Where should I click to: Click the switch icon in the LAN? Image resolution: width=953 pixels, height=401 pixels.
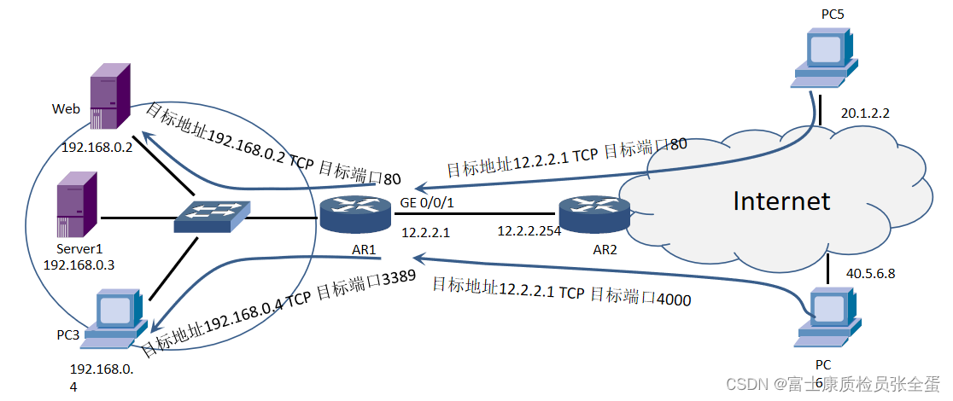point(213,218)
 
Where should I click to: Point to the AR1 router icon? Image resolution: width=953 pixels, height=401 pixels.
point(354,214)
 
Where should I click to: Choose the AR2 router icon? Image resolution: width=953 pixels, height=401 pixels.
point(594,214)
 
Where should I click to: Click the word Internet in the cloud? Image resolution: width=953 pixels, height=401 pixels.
point(781,200)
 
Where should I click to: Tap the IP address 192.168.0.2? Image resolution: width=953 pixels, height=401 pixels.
point(96,147)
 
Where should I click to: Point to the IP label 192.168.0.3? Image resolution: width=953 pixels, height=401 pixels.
point(79,264)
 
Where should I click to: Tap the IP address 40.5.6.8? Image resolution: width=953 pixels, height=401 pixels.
point(869,274)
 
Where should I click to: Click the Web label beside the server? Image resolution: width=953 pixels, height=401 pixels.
point(66,109)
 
